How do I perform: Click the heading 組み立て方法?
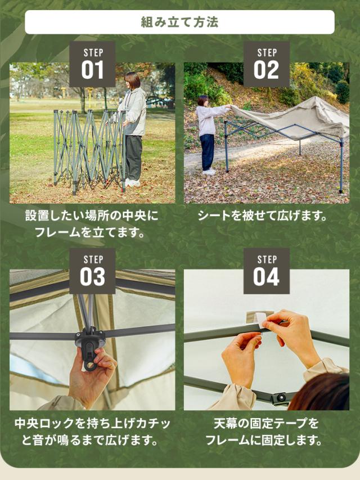pos(179,22)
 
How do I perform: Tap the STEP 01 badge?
pos(92,64)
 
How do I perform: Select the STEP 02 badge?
pos(266,64)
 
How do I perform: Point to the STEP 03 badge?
pos(92,271)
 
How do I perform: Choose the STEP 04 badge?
pos(266,271)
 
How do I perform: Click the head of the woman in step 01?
pos(133,81)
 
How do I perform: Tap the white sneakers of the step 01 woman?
pos(133,182)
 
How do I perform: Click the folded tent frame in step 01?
pos(89,151)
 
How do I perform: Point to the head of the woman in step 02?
pos(202,101)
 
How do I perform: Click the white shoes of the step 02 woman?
pos(209,172)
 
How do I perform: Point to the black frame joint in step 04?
pos(280,398)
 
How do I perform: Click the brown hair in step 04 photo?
pos(321,393)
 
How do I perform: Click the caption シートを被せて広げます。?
pos(263,216)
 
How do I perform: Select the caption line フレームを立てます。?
pos(90,232)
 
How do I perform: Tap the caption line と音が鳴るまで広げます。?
pos(90,440)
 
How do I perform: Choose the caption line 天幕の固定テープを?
pos(266,424)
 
